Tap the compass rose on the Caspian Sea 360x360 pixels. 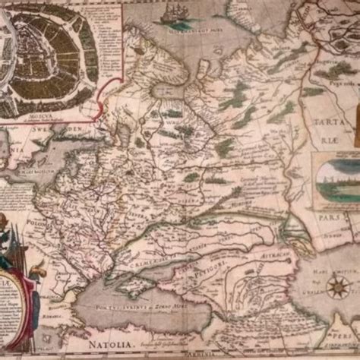click(x=338, y=287)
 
